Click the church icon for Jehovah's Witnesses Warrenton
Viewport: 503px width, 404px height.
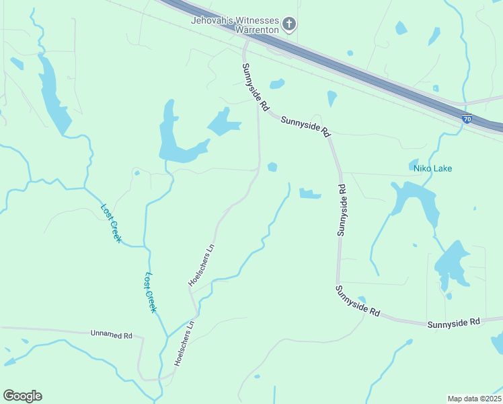point(289,25)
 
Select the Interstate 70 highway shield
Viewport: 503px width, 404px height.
point(467,119)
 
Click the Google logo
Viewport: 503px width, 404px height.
point(22,396)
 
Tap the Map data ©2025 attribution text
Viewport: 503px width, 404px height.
point(474,398)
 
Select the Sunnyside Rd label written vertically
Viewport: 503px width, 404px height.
point(342,209)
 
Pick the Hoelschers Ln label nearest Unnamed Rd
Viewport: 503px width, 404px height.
point(184,343)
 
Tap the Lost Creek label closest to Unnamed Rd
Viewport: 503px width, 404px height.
point(151,292)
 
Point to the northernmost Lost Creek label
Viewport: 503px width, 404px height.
point(112,223)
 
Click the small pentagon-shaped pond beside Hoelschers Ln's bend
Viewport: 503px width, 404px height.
point(272,166)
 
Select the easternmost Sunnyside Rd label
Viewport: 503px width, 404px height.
point(455,323)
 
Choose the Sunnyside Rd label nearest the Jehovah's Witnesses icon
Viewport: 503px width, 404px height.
point(256,87)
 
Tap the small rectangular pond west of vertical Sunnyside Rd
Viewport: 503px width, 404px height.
point(309,194)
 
